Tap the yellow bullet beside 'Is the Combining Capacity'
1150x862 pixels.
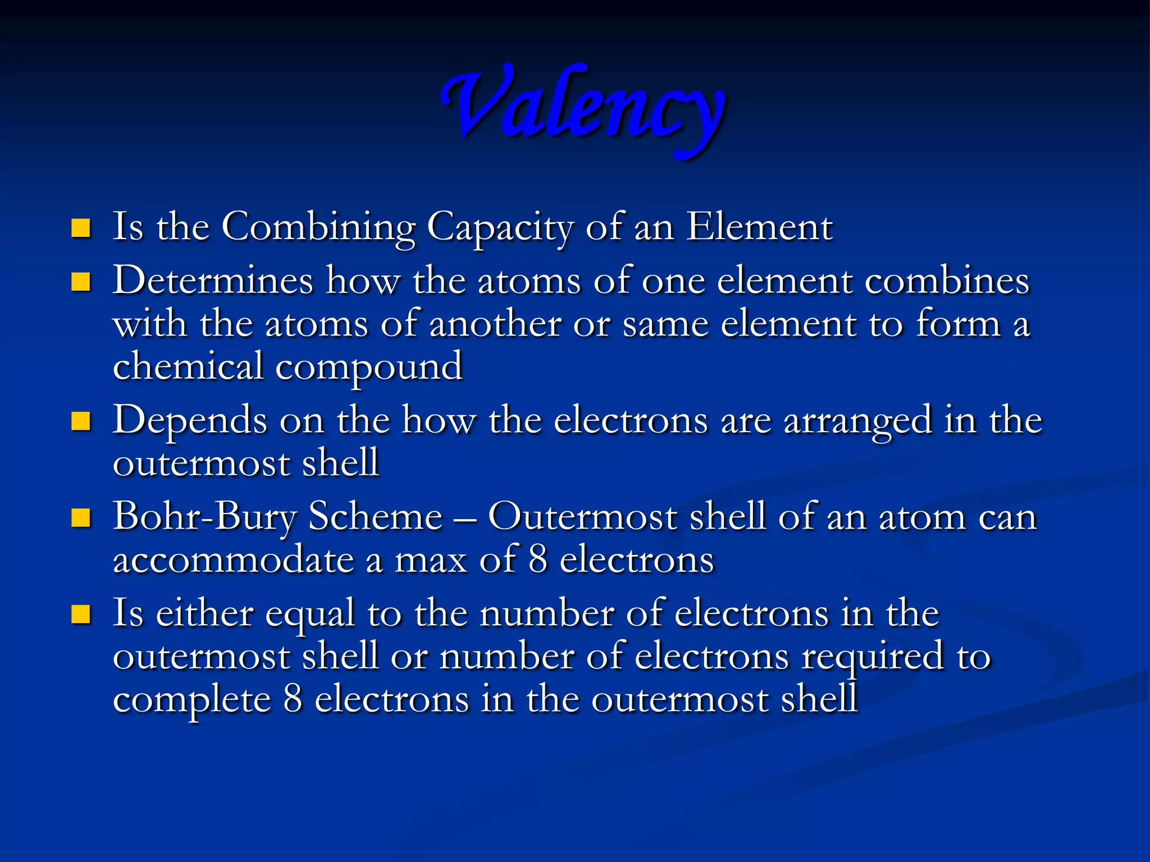tap(81, 228)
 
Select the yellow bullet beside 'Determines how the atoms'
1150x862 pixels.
tap(81, 282)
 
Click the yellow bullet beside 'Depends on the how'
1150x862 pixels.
tap(81, 421)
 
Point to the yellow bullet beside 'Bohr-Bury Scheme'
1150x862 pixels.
tap(81, 518)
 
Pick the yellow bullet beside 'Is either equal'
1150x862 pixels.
tap(81, 615)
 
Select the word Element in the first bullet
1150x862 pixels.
tap(759, 227)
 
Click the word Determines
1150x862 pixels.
tap(213, 281)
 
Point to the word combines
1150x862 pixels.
tap(947, 281)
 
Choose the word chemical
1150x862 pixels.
tap(188, 366)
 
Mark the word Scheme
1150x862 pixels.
tap(376, 516)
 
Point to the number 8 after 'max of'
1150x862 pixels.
tap(538, 560)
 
